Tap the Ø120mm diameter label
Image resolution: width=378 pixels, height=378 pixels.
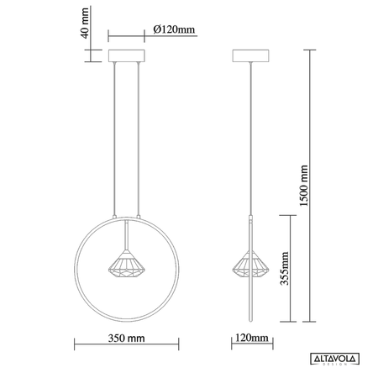coord(175,30)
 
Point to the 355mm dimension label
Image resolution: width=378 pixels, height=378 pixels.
coord(285,269)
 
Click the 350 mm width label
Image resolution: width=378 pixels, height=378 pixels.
coord(127,339)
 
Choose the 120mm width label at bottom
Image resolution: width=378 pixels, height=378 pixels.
coord(251,339)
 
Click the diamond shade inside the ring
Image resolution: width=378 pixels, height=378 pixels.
coord(126,266)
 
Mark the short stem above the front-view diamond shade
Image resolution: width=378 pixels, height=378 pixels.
coord(126,235)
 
